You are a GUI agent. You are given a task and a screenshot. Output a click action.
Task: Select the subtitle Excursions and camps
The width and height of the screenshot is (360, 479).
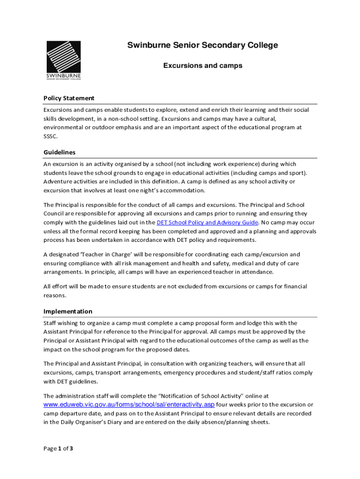coord(202,66)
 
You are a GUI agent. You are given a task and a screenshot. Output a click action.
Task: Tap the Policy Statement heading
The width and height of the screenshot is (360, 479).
coord(69,98)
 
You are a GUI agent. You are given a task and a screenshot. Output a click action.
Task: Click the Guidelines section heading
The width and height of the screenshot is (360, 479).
coord(59,152)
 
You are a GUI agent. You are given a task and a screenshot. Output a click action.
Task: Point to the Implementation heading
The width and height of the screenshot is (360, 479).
coord(68,312)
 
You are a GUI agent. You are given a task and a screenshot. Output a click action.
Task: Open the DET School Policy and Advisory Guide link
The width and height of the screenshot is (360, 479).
coord(207,223)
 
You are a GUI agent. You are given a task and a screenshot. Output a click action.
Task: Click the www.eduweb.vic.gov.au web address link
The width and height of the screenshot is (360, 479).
coord(129,405)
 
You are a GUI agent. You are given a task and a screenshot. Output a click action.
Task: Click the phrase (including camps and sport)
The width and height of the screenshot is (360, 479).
coord(269,173)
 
